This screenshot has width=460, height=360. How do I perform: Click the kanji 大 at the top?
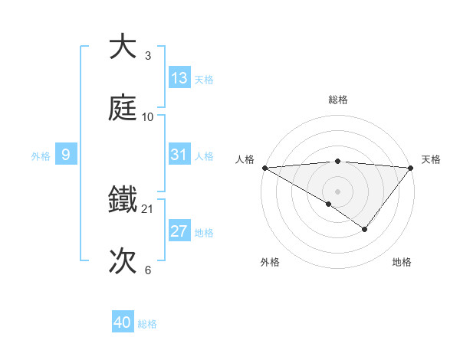point(123,47)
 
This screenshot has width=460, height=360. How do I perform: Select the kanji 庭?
point(123,108)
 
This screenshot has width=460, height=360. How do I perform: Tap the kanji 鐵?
point(123,200)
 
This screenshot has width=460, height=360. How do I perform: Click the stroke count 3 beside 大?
point(148,56)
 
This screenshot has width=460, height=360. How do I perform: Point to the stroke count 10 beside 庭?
point(148,117)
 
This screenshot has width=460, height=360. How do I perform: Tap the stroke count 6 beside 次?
point(148,270)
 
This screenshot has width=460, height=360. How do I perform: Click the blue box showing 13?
point(179,78)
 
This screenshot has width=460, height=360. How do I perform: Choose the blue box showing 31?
point(179,155)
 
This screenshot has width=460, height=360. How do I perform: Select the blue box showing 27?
point(179,231)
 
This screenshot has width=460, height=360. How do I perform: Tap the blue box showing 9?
point(66,155)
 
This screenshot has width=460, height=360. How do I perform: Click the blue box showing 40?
point(123,322)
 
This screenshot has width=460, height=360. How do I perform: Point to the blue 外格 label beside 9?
point(41,155)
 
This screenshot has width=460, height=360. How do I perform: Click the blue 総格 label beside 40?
point(147,324)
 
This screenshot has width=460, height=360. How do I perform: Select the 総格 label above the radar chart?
point(337,100)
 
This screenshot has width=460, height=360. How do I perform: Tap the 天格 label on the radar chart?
point(431,159)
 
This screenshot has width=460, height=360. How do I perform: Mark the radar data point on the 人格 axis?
point(264,167)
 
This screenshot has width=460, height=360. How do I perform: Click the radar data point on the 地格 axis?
point(365,229)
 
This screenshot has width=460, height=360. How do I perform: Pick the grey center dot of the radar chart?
point(337,191)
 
